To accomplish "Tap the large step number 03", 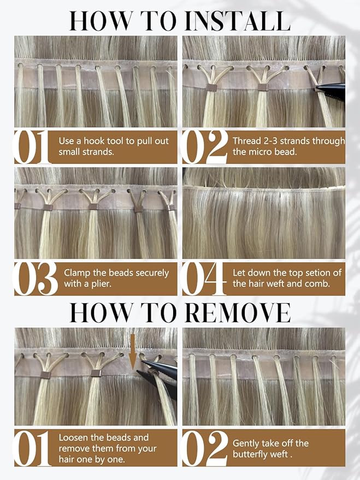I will [x=36, y=278].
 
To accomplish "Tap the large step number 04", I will [x=204, y=278].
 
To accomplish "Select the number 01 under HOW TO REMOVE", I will [x=34, y=448].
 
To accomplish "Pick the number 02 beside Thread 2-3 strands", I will [x=204, y=147].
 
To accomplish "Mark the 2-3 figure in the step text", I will [x=272, y=141].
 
